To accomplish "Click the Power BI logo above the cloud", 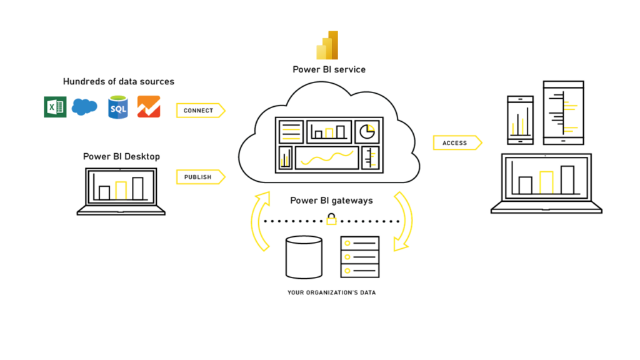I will [328, 46].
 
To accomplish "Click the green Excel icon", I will [55, 107].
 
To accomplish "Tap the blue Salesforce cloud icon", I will [84, 107].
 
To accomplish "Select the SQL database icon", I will [118, 107].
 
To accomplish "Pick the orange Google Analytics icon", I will [149, 107].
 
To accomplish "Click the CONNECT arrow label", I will [199, 111].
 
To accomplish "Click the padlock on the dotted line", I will [332, 219].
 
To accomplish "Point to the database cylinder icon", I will [304, 256].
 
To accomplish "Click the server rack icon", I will [360, 256].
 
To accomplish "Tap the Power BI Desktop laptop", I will [121, 191].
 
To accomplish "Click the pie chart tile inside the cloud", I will [368, 131].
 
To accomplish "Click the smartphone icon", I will [521, 118].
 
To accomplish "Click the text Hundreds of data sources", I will [119, 82].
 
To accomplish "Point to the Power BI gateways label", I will [331, 201].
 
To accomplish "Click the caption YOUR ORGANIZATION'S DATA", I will [331, 292].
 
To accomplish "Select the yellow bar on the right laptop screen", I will [547, 182].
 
